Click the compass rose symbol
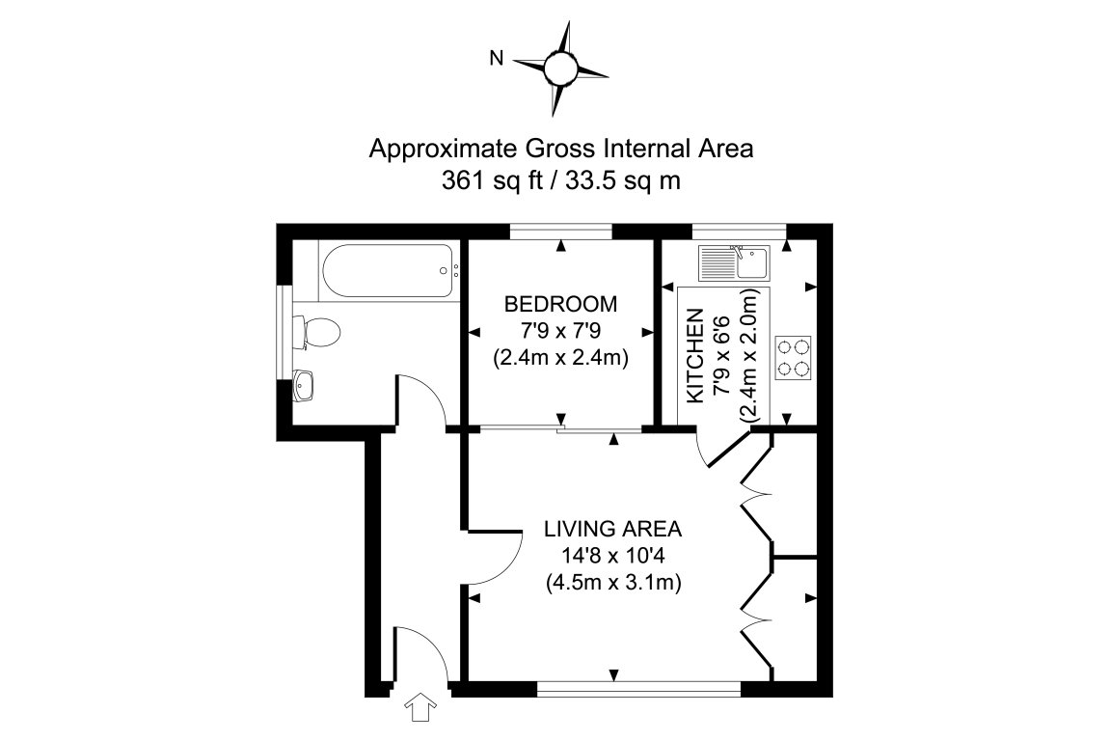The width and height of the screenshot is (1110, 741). [560, 68]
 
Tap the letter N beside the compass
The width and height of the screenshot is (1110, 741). [497, 59]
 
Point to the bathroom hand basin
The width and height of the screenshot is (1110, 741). [306, 387]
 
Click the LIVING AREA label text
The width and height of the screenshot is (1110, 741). [612, 529]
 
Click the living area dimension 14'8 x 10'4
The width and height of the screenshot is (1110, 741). [612, 556]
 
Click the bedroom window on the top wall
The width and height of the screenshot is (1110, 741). [560, 230]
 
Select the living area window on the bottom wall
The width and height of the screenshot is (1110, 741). [638, 689]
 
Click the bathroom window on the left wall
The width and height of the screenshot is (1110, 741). [284, 333]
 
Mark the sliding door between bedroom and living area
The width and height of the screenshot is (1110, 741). [560, 429]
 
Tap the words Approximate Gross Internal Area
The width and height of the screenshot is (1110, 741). [560, 150]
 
